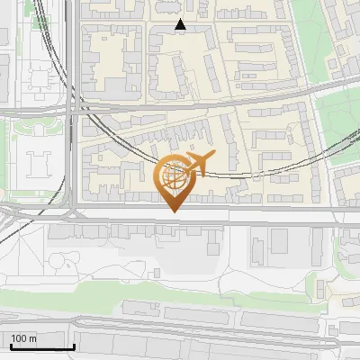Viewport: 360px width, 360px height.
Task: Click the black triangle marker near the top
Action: [x=181, y=25]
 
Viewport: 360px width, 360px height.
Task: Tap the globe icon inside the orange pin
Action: [x=175, y=176]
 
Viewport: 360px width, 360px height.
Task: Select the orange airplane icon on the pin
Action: [x=197, y=164]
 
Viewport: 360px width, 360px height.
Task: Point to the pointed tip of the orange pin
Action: [x=175, y=212]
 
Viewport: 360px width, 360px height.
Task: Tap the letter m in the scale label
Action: [x=32, y=338]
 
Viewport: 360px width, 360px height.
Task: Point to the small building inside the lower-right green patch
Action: [x=321, y=289]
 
